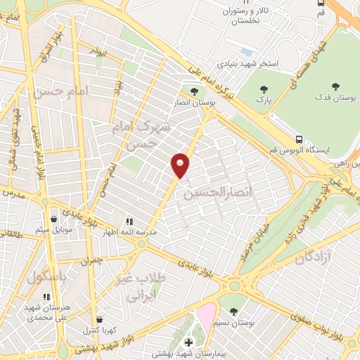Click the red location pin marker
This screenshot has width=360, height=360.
(x=181, y=165)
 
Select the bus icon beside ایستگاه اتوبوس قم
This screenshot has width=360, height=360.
(x=300, y=139)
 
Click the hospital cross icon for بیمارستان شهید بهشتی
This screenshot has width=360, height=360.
(x=188, y=342)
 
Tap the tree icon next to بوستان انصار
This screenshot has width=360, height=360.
(x=194, y=91)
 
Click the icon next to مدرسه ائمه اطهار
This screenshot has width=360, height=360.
(x=129, y=220)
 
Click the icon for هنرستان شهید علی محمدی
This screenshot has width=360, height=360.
(x=46, y=297)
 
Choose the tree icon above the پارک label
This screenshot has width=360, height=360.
(x=264, y=89)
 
